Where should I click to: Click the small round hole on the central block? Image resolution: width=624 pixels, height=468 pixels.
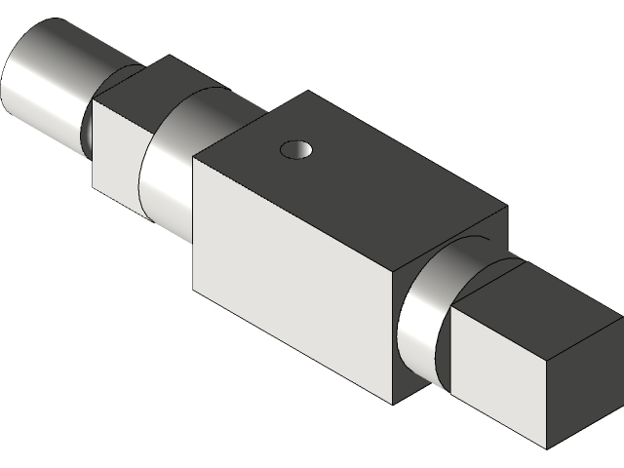[296, 149]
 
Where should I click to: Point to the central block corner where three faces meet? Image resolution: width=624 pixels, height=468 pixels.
[392, 275]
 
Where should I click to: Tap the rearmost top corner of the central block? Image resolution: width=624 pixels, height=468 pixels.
[311, 93]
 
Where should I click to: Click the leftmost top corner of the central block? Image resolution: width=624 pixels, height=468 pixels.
[194, 158]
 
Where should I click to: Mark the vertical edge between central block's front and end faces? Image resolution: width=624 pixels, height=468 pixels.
[392, 341]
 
